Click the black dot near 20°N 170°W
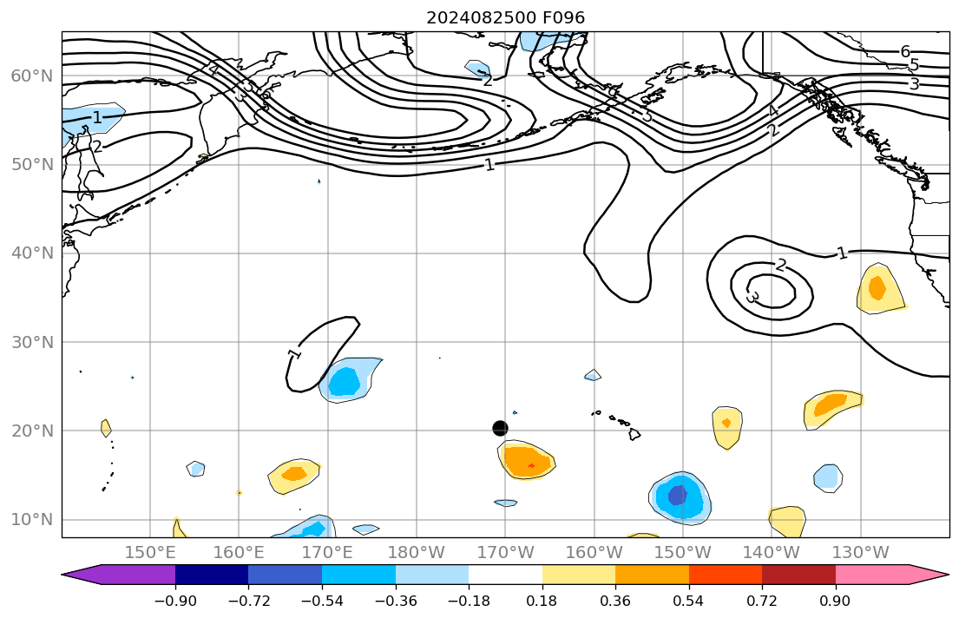500,428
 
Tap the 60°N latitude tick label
32,76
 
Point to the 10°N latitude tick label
32,520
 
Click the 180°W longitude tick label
417,552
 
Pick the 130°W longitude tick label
860,552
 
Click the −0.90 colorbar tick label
175,600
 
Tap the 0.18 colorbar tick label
542,600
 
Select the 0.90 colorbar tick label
836,600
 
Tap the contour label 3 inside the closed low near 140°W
752,298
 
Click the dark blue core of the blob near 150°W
677,495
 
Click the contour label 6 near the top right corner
905,51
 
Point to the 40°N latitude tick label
32,253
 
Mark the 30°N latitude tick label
32,342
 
